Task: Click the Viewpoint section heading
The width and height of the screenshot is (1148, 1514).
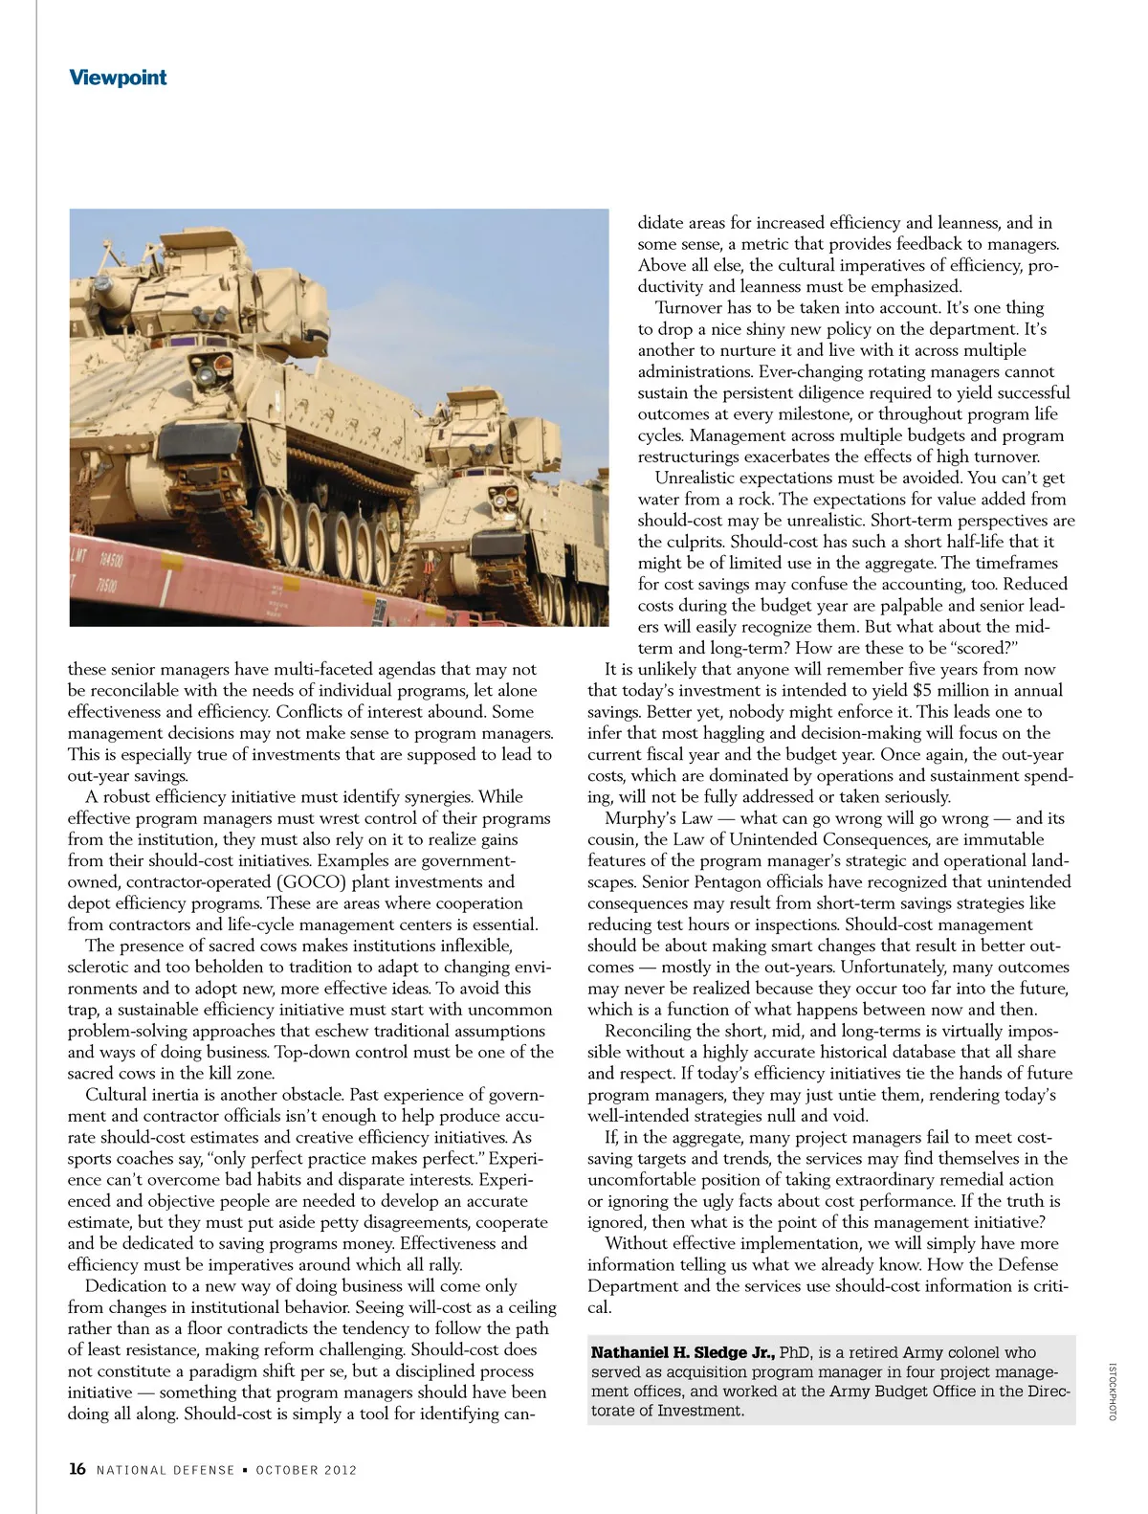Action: [118, 78]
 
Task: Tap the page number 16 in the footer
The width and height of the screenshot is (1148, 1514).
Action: [77, 1469]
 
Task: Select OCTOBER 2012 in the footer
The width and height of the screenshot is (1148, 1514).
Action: [306, 1470]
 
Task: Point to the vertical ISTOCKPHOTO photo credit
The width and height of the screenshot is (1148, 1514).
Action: [1113, 1391]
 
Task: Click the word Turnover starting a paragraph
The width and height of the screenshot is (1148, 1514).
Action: [691, 307]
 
